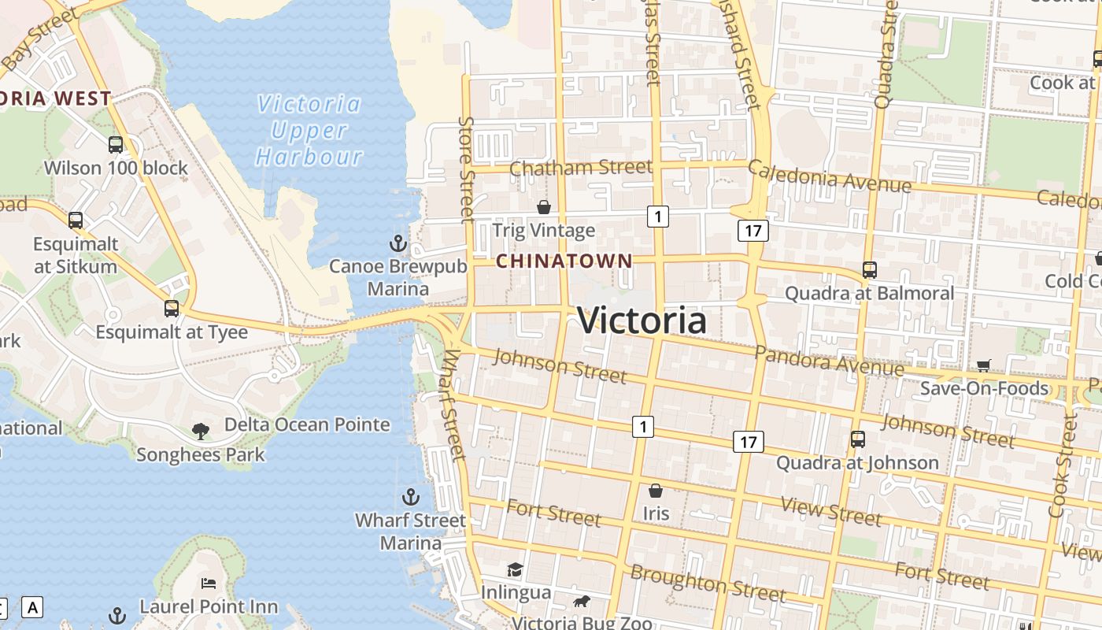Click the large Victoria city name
point(642,321)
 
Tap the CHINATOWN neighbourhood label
point(564,261)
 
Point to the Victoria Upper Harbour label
point(309,130)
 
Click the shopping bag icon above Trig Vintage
point(543,207)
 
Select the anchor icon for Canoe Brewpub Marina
point(398,242)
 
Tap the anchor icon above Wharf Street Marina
point(410,497)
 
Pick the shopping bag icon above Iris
point(655,491)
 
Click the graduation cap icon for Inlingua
point(515,569)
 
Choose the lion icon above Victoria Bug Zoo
point(582,602)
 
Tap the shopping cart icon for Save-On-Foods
point(983,365)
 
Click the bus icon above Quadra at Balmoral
point(870,269)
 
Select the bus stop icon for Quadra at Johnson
point(858,439)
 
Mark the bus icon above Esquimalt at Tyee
point(172,308)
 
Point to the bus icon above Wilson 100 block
point(116,144)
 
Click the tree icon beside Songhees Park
point(201,430)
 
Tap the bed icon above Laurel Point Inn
point(209,583)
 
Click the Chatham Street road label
point(581,168)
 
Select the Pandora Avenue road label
point(830,360)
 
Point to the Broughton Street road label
point(708,584)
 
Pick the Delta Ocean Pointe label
point(307,424)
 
